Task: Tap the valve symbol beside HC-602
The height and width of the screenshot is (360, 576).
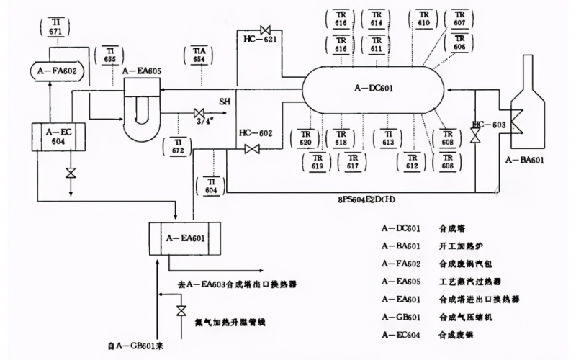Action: pos(252,149)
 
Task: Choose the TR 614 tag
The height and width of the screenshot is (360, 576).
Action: pos(377,19)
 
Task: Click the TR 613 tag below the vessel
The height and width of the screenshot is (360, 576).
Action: pos(388,138)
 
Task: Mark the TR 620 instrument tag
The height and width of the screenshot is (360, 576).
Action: pos(305,138)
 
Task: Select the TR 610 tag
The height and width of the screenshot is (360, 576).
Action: pos(423,19)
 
